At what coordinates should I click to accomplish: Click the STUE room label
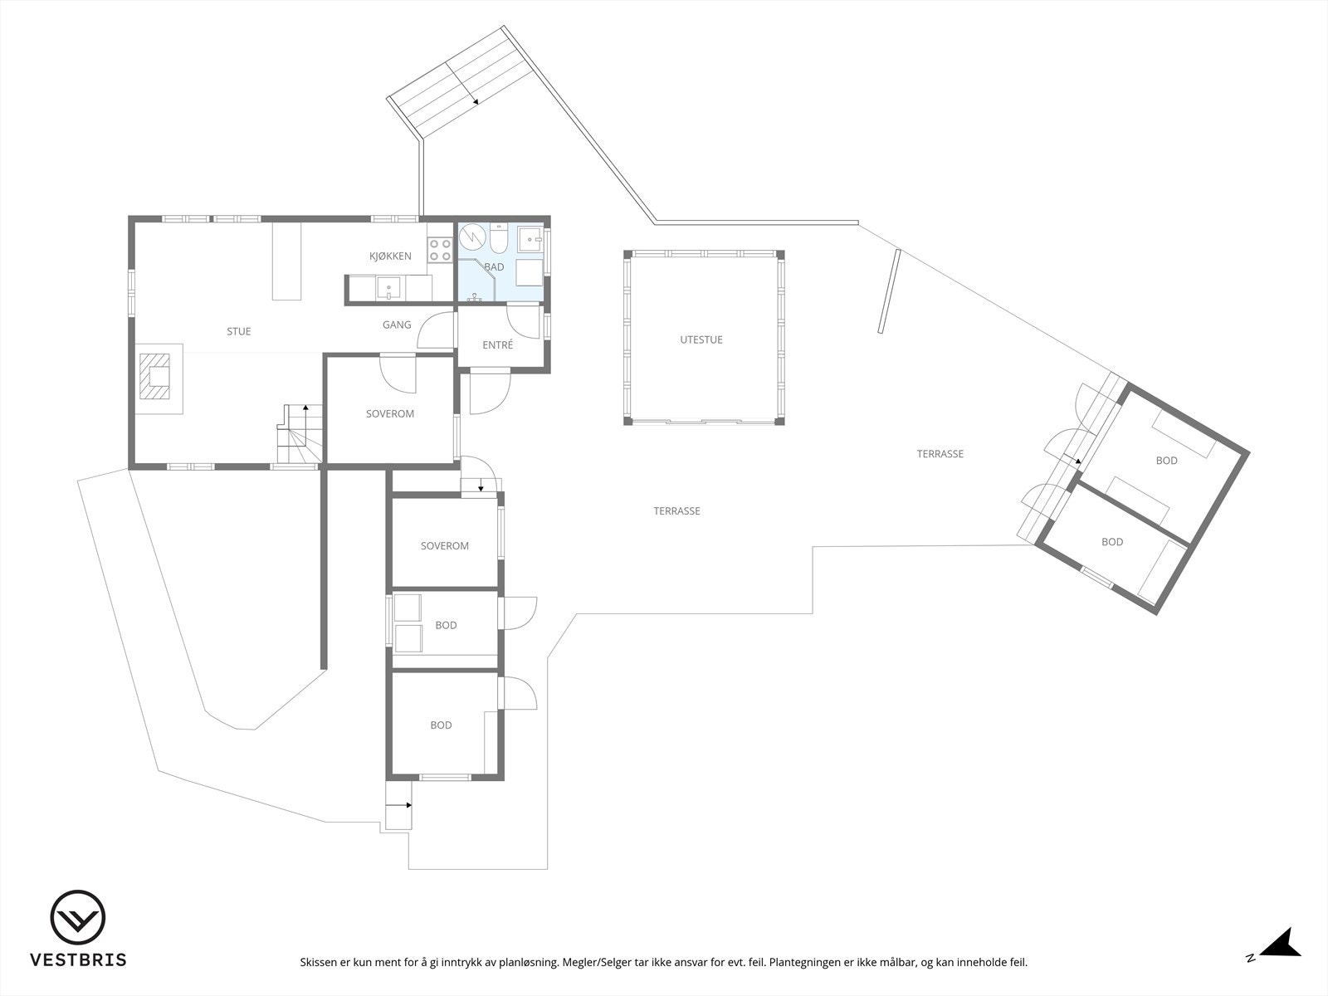(238, 331)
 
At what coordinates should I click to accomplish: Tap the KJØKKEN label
(390, 256)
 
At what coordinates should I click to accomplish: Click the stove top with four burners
(440, 251)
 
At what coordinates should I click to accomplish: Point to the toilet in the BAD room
(500, 241)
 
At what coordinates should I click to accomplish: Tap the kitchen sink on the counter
(388, 288)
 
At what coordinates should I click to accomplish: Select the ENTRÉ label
(497, 344)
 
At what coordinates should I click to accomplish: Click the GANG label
(397, 325)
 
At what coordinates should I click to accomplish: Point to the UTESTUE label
(701, 339)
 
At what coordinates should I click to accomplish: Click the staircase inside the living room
(297, 436)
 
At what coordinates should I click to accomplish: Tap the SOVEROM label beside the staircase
(389, 413)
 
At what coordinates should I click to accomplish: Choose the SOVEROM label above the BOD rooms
(444, 545)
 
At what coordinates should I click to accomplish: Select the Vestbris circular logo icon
(77, 918)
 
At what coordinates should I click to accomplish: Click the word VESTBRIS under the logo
(78, 960)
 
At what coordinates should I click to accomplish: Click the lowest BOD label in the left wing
(441, 725)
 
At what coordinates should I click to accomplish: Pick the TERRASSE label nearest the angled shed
(940, 454)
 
